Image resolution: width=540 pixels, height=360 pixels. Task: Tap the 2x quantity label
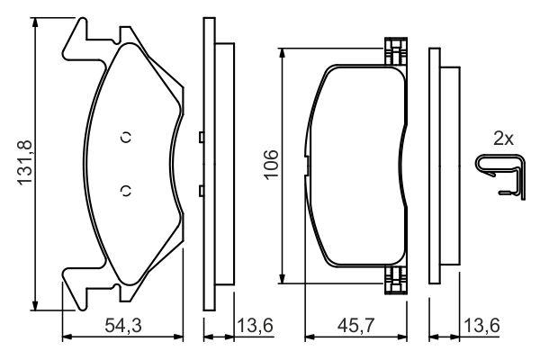[x=503, y=139]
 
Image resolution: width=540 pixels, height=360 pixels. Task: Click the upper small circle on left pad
[x=126, y=137]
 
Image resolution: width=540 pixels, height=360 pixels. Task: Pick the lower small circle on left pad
[x=126, y=189]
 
